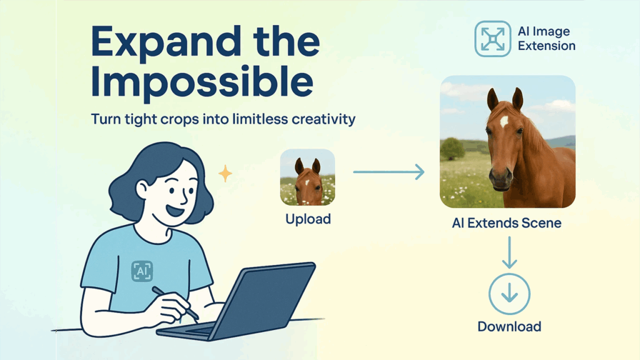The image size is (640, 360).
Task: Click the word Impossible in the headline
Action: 202,82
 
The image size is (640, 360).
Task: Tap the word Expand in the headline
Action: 166,43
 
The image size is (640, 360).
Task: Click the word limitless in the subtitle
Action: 259,119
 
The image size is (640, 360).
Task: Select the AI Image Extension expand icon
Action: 492,39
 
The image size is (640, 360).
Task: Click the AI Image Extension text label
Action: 546,38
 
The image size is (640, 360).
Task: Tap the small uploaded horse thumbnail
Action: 307,177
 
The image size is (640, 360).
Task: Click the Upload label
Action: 308,219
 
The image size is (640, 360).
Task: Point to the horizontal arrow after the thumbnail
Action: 389,172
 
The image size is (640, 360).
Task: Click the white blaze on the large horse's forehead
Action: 504,121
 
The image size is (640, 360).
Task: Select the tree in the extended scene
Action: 452,149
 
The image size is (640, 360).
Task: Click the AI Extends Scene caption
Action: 506,223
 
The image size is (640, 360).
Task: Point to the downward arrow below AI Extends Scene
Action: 509,252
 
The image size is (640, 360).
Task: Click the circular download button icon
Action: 509,294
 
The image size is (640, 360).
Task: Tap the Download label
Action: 509,326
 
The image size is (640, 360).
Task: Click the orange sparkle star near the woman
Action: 225,174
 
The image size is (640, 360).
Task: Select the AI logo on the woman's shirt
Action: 142,271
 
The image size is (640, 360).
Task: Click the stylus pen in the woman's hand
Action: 175,303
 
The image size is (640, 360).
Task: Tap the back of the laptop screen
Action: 265,300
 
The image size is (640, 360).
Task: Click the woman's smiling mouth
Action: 176,210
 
